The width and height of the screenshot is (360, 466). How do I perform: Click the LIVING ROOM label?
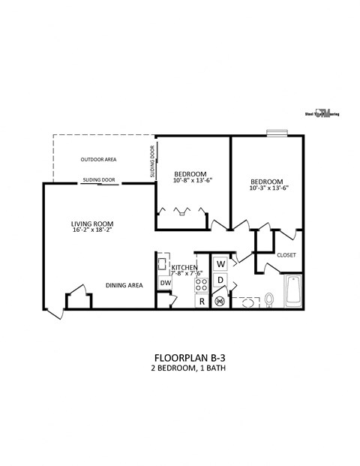click(91, 224)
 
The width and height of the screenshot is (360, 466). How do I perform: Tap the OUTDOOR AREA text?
click(99, 160)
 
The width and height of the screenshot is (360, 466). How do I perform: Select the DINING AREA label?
click(124, 285)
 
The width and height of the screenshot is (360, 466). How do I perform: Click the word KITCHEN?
click(184, 267)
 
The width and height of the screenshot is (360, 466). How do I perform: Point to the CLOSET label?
click(286, 255)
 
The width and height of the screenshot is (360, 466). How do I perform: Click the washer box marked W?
click(220, 264)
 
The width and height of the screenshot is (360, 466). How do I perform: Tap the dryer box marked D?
click(220, 281)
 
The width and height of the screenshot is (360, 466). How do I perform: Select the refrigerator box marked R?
click(201, 302)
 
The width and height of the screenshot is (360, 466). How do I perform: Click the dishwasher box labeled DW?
click(165, 283)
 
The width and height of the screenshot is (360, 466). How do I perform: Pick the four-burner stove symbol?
click(201, 284)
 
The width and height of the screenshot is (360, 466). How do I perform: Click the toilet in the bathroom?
click(268, 300)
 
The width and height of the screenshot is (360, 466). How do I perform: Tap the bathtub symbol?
click(292, 292)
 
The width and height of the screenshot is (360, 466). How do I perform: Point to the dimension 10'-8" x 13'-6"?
click(193, 180)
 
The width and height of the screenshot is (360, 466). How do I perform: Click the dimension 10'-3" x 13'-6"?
click(268, 188)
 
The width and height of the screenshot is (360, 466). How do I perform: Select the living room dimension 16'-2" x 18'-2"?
click(91, 231)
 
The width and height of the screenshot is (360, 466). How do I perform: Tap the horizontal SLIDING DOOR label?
click(99, 180)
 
